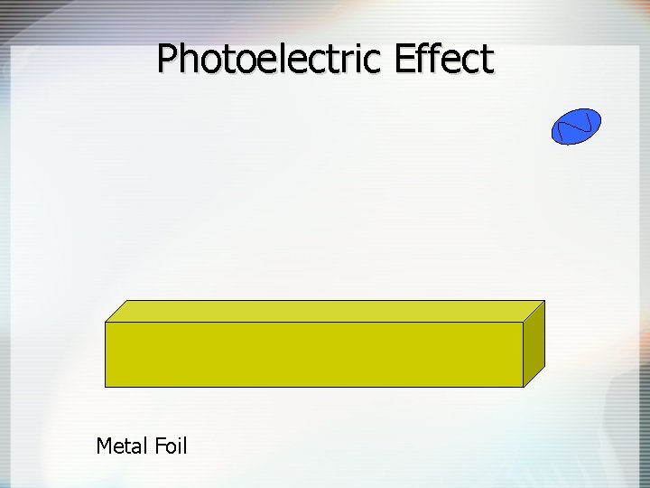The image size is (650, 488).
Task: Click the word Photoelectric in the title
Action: click(270, 60)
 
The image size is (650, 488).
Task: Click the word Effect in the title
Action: click(443, 60)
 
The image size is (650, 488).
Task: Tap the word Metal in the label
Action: click(119, 446)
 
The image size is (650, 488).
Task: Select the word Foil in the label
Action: click(169, 446)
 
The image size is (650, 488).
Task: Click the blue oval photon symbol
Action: click(575, 127)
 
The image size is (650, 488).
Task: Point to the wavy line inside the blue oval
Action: click(576, 127)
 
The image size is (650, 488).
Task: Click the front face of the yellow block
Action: click(314, 354)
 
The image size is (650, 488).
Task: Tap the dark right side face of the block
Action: click(534, 343)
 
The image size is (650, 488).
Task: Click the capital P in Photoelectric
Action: click(169, 61)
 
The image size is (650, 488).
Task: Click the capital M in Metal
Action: click(104, 446)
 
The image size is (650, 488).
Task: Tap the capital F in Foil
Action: click(155, 446)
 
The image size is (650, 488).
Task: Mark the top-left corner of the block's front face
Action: click(106, 323)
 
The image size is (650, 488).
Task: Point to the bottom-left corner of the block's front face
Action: click(106, 387)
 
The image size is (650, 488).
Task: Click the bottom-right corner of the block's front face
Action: click(524, 387)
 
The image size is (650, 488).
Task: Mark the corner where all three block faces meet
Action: click(524, 323)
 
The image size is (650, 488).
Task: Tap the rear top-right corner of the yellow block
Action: click(544, 301)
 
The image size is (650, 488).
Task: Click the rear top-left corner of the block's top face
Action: click(127, 301)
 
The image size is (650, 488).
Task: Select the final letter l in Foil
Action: click(184, 446)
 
